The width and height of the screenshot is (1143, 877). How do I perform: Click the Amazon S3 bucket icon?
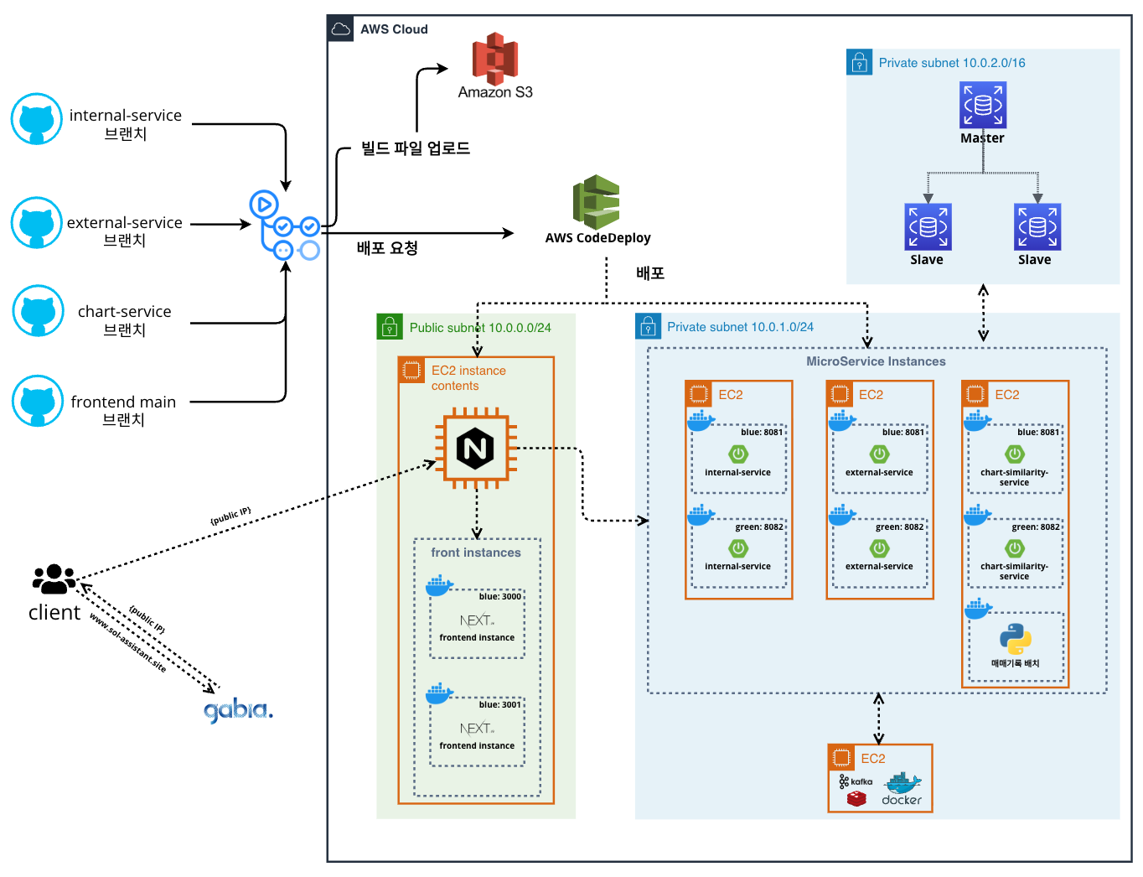494,59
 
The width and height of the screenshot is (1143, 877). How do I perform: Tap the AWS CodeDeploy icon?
597,202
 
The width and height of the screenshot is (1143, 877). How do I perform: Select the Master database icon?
982,105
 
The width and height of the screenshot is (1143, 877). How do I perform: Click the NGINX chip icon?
475,448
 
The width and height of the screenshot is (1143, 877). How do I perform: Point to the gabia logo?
238,710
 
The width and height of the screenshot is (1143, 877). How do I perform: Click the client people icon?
54,578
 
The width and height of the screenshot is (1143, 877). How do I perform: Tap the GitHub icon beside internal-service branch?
36,119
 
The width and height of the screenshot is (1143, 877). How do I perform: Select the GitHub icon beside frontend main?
38,401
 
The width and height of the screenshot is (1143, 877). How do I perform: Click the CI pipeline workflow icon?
285,226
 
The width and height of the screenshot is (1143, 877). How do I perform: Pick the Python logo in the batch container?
1015,639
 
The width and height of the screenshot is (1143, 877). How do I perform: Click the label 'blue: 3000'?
500,597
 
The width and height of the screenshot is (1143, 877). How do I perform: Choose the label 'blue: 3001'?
500,705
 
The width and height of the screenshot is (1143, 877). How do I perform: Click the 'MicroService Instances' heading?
876,361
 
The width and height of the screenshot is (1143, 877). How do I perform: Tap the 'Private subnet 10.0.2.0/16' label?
951,63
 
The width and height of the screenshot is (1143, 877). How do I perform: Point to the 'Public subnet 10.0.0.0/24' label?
480,328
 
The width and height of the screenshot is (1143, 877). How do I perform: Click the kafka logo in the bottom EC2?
856,781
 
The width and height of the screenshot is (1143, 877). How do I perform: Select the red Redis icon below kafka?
856,799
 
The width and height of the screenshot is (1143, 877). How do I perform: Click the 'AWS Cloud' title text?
394,29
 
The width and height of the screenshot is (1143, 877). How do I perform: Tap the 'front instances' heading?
476,553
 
